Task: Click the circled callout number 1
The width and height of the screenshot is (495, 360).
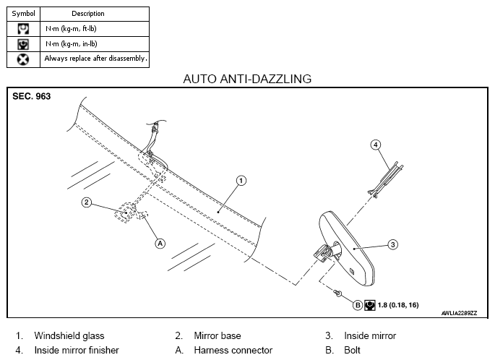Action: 241,181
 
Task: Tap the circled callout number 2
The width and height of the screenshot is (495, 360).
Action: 87,202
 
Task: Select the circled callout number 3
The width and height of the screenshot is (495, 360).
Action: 392,244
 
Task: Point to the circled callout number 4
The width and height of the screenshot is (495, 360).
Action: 375,145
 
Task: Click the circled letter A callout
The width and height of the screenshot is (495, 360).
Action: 160,244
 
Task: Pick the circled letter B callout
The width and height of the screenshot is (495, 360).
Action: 358,305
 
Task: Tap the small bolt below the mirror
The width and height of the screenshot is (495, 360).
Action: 337,293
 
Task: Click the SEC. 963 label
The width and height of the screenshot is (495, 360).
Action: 32,96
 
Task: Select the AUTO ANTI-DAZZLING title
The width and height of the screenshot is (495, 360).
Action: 247,79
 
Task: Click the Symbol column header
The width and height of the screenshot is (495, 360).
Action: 23,14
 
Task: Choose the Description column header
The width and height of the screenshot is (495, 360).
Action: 88,14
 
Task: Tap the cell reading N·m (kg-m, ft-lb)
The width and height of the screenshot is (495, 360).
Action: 71,29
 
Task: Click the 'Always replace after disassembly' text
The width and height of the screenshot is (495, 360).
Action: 95,59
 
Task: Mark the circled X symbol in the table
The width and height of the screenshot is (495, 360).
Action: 23,59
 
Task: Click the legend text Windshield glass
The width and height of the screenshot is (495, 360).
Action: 69,335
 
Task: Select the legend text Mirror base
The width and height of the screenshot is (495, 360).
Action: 218,335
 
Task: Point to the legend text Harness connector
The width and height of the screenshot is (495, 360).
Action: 233,350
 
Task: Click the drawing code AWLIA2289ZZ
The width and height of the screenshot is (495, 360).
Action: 459,313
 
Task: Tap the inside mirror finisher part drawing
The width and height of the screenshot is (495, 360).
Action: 386,180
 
